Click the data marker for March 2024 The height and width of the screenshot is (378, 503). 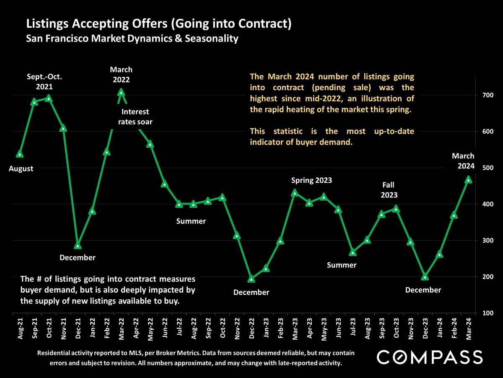pyautogui.click(x=469, y=180)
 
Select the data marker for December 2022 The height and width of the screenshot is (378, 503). pyautogui.click(x=251, y=279)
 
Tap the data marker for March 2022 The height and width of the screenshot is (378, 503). pyautogui.click(x=121, y=92)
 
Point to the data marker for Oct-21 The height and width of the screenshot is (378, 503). pyautogui.click(x=49, y=98)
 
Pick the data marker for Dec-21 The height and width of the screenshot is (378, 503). pyautogui.click(x=78, y=246)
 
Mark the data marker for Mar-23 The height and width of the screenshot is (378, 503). pyautogui.click(x=295, y=193)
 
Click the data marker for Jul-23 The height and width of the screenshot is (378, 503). pyautogui.click(x=353, y=252)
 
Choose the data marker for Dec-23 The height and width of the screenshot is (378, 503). pyautogui.click(x=425, y=277)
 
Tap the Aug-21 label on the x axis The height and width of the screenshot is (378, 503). pyautogui.click(x=20, y=328)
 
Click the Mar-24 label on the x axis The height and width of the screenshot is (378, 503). pyautogui.click(x=469, y=328)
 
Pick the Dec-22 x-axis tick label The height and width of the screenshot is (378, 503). pyautogui.click(x=251, y=328)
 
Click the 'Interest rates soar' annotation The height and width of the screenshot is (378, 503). pyautogui.click(x=135, y=117)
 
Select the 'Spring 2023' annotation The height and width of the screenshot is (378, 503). pyautogui.click(x=311, y=180)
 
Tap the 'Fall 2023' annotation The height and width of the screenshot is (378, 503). pyautogui.click(x=389, y=190)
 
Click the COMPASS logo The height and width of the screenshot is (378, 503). pyautogui.click(x=430, y=357)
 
